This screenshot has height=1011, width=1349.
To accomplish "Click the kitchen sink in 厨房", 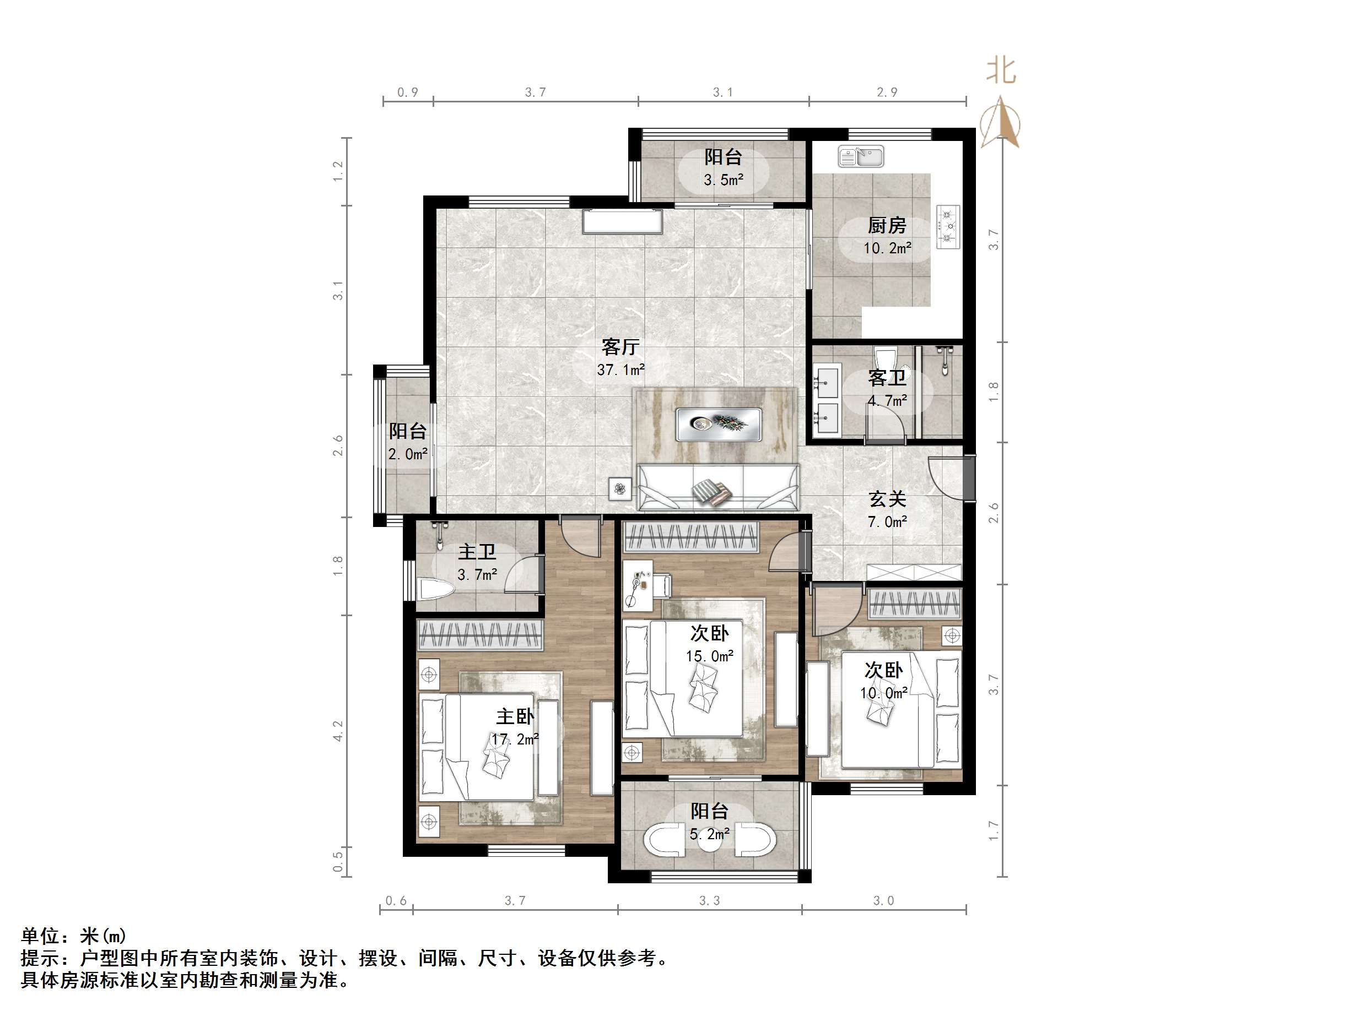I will pos(861,156).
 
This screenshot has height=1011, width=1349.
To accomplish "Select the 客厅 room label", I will pos(620,347).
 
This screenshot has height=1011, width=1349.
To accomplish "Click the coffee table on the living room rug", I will pos(719,423).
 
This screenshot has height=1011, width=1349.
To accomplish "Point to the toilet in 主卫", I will pos(436,590).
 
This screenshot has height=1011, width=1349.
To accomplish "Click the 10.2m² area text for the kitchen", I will pos(887,248).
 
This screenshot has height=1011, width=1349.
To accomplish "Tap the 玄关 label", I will pos(887,499).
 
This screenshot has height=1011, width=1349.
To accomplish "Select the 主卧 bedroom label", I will pos(515,716).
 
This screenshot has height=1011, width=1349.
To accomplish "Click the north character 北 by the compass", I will pos(1001,70).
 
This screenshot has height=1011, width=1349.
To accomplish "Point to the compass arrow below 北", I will pos(1000,122).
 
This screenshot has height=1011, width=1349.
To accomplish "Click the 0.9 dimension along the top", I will pos(408,92).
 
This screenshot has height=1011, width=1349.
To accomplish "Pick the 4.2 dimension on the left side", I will pos(338,731).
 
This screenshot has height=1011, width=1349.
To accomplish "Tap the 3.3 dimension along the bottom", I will pos(709,901).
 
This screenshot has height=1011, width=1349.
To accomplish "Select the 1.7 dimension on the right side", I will pos(994,830).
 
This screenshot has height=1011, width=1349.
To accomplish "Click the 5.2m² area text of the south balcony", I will pos(709,834).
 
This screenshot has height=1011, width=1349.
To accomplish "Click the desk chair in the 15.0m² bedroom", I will pos(662,585).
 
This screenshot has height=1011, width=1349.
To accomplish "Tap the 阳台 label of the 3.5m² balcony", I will pos(724,156).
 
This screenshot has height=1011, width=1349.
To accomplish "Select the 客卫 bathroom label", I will pos(887,378).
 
